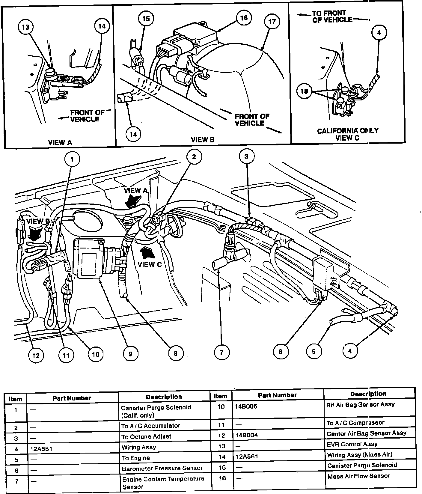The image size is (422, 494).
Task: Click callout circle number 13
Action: click(x=26, y=27)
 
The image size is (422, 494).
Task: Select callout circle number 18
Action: click(x=304, y=91)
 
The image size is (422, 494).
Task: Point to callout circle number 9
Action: click(x=130, y=354)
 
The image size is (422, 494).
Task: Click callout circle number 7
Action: click(x=221, y=352)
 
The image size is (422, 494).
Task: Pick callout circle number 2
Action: click(x=194, y=157)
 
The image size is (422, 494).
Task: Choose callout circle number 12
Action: click(x=36, y=356)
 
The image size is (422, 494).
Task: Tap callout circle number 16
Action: click(x=244, y=18)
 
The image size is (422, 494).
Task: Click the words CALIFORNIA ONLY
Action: click(x=347, y=131)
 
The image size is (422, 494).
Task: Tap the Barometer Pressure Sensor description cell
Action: click(x=162, y=468)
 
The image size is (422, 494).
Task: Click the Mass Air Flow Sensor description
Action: click(x=358, y=476)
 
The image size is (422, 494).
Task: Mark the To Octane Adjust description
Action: click(x=146, y=436)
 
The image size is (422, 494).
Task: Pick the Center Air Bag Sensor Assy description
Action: click(x=366, y=433)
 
